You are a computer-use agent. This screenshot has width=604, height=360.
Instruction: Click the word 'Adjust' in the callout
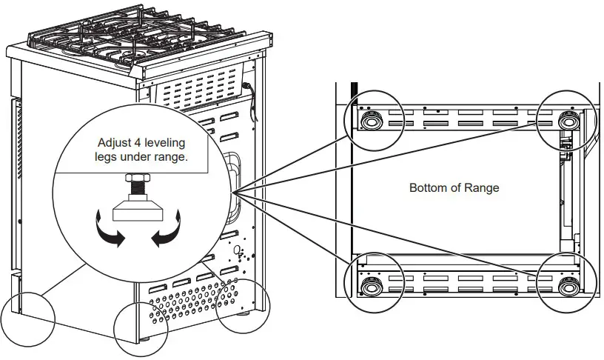click(x=115, y=142)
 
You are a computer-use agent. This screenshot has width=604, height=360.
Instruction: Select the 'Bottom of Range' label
click(x=454, y=187)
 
